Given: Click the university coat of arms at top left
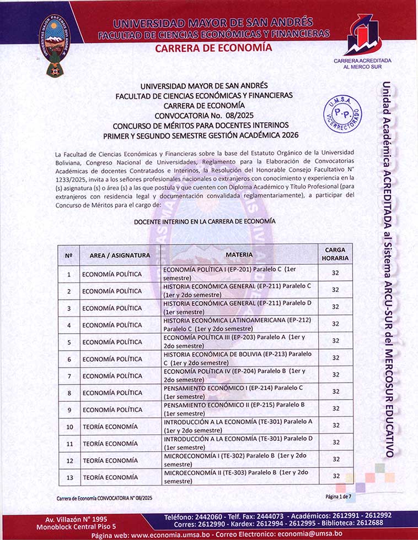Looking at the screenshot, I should coord(53,45).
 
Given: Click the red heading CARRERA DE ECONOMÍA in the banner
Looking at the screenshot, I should coord(213,48).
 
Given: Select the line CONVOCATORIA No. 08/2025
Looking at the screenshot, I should coord(204,115).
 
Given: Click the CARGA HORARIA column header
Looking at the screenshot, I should coord(335,254).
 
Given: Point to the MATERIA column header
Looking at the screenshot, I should coord(239,255).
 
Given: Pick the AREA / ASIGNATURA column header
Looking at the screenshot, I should coord(120,255).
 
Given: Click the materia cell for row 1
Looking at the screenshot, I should coord(239,274).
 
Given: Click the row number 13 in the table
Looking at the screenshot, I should coord(69,477).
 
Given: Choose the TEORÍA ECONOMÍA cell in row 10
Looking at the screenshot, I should coord(110,427).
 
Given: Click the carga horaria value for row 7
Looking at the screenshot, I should coord(335,375).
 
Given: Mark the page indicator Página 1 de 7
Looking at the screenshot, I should coord(337,496).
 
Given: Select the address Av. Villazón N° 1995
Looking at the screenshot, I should coord(76,519).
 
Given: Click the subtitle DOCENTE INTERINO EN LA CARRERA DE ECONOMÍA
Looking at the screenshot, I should coord(205,221).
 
